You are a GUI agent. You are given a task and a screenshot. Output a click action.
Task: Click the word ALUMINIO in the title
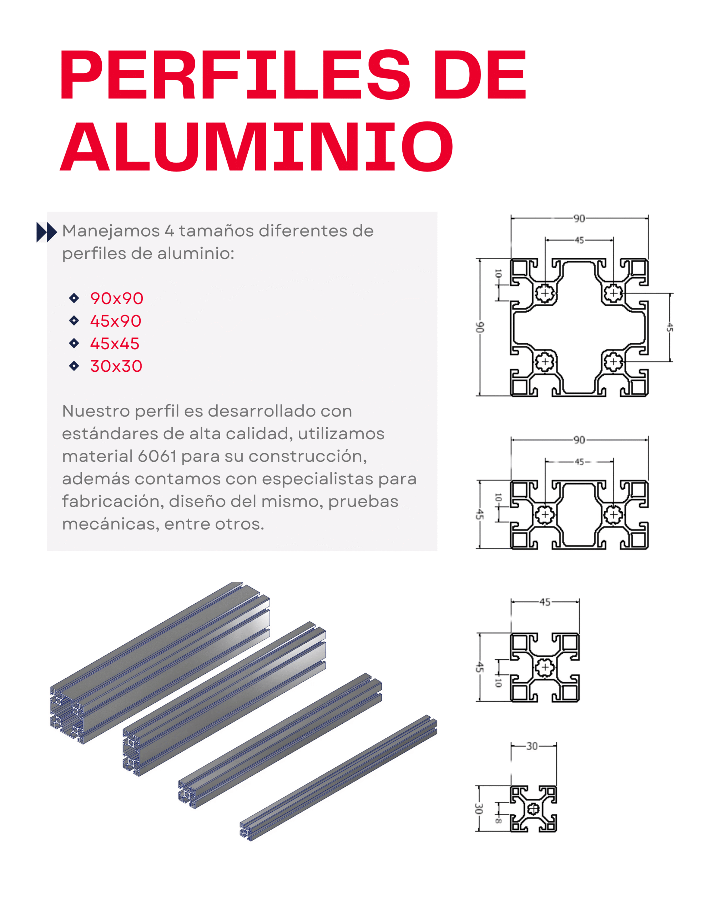[256, 147]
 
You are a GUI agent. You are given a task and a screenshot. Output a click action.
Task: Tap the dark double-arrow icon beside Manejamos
[46, 232]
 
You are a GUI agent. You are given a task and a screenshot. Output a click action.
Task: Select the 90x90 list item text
[117, 298]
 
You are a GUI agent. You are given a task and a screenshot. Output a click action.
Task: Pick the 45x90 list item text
[116, 321]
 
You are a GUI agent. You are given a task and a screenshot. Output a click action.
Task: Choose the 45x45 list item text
[115, 343]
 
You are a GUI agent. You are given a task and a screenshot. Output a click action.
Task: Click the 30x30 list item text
[116, 366]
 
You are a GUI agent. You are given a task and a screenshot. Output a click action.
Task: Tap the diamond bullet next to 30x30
[74, 366]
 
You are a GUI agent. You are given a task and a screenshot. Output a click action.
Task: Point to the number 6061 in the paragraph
[157, 456]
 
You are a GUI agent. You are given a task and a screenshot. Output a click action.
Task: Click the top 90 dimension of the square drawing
[579, 218]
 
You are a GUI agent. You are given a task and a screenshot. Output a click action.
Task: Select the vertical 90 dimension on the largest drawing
[480, 327]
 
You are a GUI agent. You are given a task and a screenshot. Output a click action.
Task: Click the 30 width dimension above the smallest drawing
[531, 746]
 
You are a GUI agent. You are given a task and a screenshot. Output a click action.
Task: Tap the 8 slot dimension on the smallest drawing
[498, 820]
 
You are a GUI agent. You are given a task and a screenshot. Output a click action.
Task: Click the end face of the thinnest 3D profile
[246, 830]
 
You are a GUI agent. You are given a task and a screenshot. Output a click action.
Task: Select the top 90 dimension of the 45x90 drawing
[579, 440]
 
